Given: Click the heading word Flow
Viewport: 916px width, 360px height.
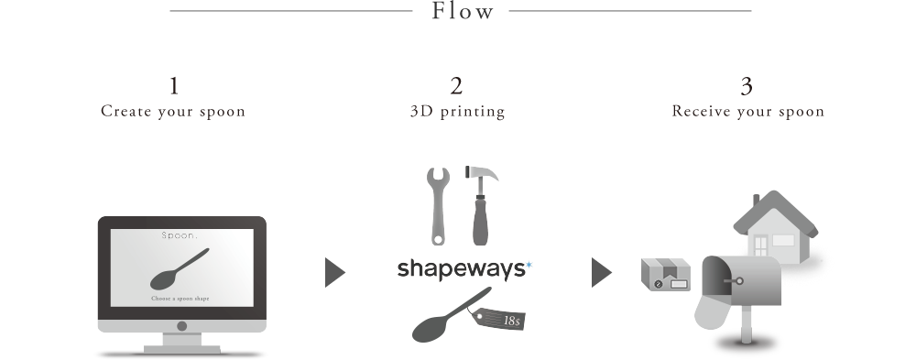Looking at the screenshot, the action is pos(463,11).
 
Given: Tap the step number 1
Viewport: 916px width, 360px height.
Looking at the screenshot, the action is pos(173,86).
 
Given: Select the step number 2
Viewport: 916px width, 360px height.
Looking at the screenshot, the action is pos(456,86).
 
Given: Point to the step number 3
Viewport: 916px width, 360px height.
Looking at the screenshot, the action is pos(747,86).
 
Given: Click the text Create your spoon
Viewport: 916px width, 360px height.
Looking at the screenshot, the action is pos(173,112).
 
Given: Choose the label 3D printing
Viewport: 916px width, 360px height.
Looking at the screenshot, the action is pos(457,112).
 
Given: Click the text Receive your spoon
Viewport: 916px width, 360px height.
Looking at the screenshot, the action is pos(747,111).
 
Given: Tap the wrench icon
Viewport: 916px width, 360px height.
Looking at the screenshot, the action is pos(438,206).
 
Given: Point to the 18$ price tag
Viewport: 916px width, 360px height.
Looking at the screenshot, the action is pos(498,318).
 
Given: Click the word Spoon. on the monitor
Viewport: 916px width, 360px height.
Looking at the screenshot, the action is pos(180,235).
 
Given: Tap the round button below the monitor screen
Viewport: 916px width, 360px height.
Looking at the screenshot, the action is pos(181,326).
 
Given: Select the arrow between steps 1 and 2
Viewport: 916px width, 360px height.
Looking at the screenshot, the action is pos(334,272).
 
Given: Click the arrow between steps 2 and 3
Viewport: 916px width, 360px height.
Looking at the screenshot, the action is pos(601,272).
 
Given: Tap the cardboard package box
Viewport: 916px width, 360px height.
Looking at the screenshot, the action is pos(665,274).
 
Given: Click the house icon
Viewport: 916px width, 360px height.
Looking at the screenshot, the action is pos(776,227).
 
